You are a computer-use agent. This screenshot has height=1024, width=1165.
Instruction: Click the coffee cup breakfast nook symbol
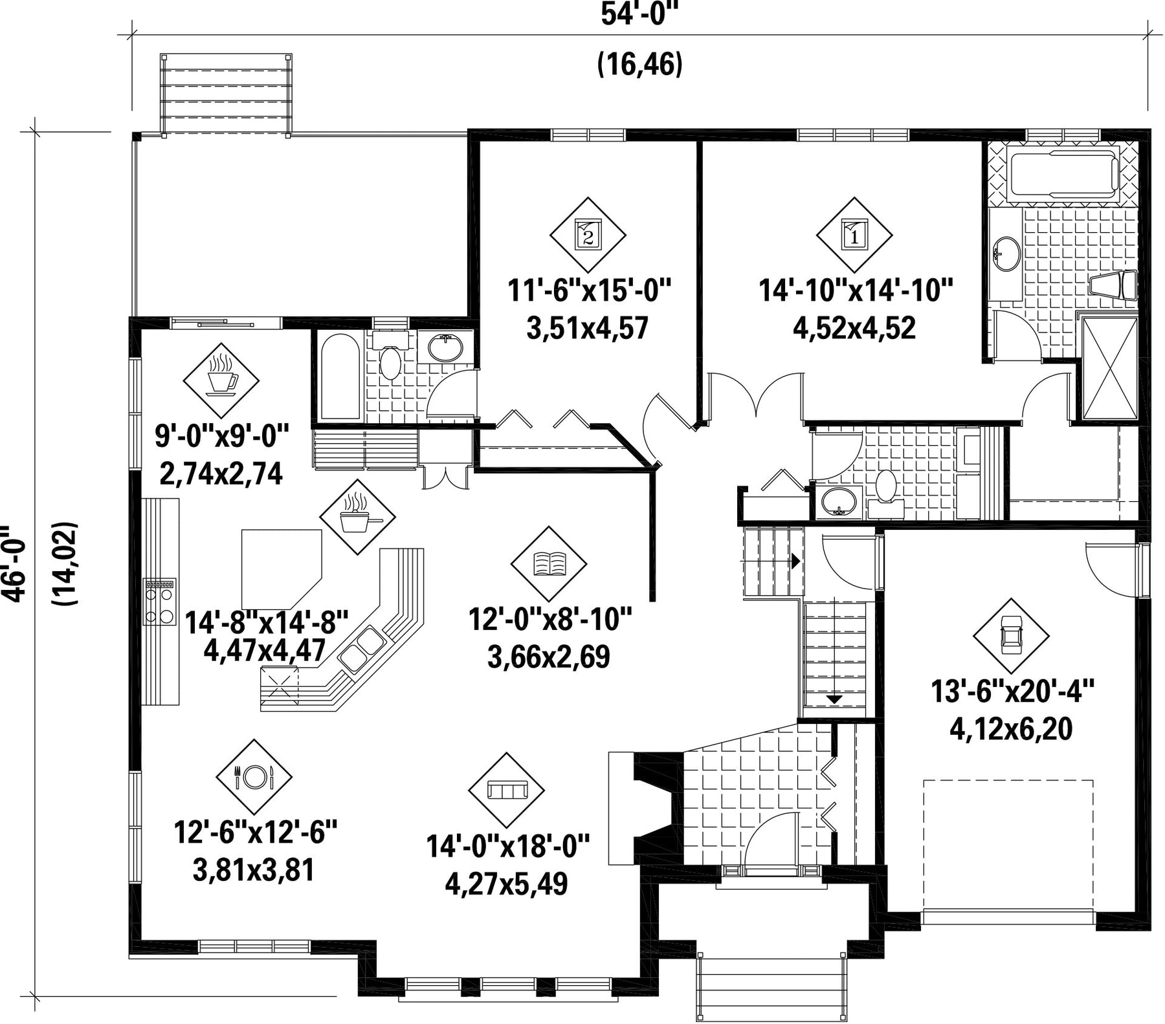[221, 380]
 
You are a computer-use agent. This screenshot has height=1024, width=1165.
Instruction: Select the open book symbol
[549, 563]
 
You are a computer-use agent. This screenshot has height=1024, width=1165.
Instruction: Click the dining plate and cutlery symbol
[254, 777]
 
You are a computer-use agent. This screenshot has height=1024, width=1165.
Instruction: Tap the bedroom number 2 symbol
[588, 235]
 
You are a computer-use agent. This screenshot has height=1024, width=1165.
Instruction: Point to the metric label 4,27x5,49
[506, 884]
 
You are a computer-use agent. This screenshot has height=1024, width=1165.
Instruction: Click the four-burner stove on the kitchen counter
[159, 602]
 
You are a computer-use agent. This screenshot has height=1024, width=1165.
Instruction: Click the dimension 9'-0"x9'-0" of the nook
[221, 438]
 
